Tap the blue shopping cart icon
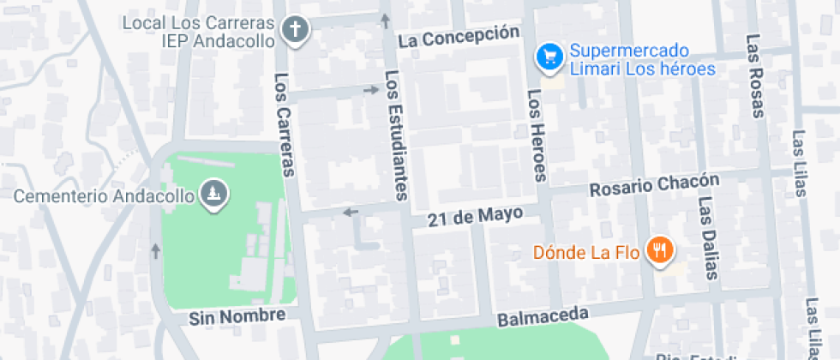548,57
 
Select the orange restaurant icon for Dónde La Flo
659,250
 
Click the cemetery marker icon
213,195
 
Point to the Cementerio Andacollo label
105,196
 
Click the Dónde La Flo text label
585,252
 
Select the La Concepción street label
459,36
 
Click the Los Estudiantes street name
394,135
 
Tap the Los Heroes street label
537,135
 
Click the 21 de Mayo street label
475,217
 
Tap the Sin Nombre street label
237,317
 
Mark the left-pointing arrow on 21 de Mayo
350,213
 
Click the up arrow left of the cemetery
155,250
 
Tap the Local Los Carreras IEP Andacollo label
198,30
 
